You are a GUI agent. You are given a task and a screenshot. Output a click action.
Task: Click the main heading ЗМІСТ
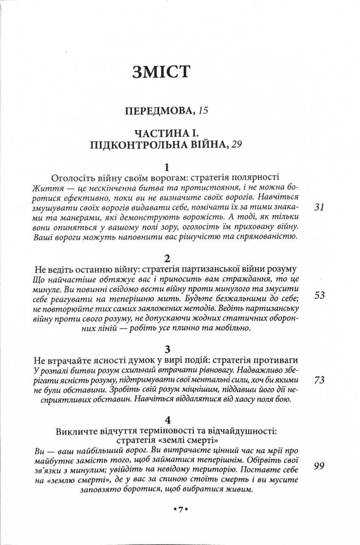(160, 72)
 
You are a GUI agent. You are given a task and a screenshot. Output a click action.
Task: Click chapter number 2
(167, 259)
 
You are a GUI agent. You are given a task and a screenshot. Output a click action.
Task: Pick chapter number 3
(167, 350)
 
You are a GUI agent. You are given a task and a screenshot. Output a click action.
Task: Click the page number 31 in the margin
(319, 207)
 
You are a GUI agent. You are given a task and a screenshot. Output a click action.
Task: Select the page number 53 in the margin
(319, 295)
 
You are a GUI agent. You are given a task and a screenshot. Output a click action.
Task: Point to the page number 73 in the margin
(319, 380)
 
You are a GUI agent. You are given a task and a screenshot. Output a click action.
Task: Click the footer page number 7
(180, 510)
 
